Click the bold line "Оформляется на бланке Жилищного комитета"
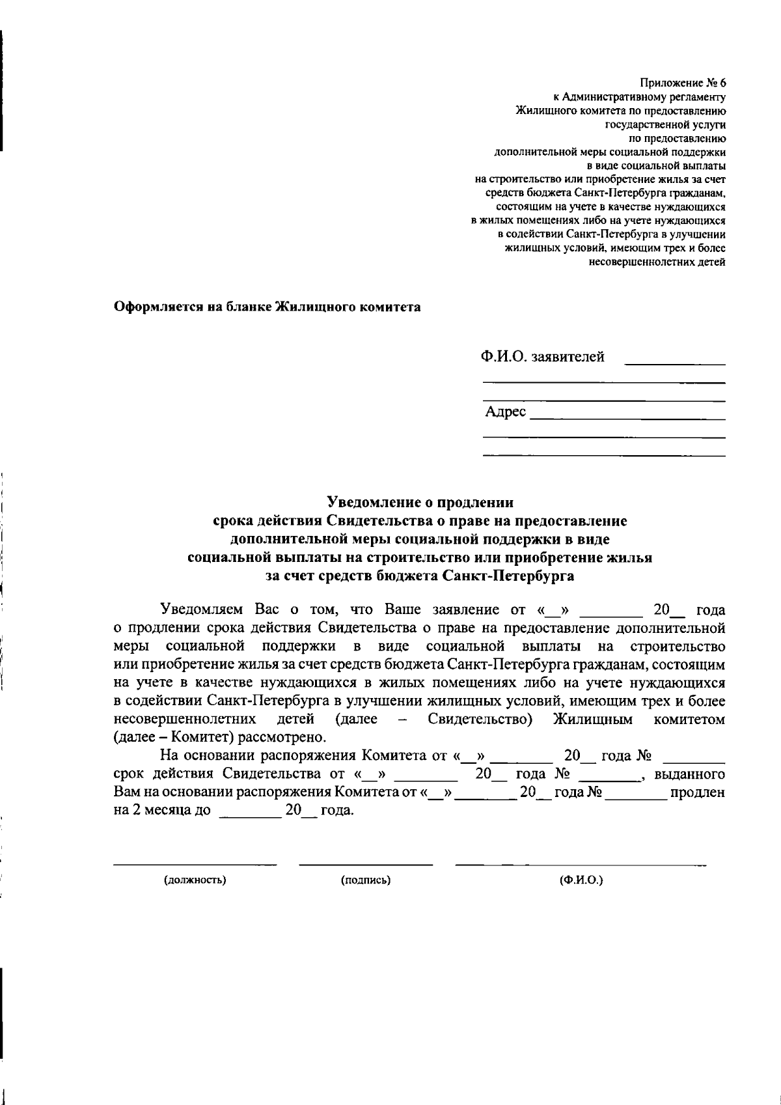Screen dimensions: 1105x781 coord(267,307)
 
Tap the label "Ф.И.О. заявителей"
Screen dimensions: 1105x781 coord(542,357)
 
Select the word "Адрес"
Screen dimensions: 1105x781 coord(505,412)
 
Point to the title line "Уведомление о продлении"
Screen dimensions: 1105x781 coord(420,503)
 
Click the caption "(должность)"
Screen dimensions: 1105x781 coord(195,880)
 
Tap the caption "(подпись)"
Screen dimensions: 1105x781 coord(366,880)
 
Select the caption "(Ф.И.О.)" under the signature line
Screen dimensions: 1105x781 coord(581,880)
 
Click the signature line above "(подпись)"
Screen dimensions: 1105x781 coord(366,865)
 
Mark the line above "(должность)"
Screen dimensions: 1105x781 coord(195,865)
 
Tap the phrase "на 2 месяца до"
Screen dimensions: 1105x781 coord(162,812)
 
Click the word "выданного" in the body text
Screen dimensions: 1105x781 coord(689,775)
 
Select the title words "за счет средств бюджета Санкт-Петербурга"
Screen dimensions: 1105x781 coord(420,576)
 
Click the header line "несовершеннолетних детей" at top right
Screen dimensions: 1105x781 coord(657,262)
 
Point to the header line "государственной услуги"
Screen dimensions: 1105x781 coord(665,124)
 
